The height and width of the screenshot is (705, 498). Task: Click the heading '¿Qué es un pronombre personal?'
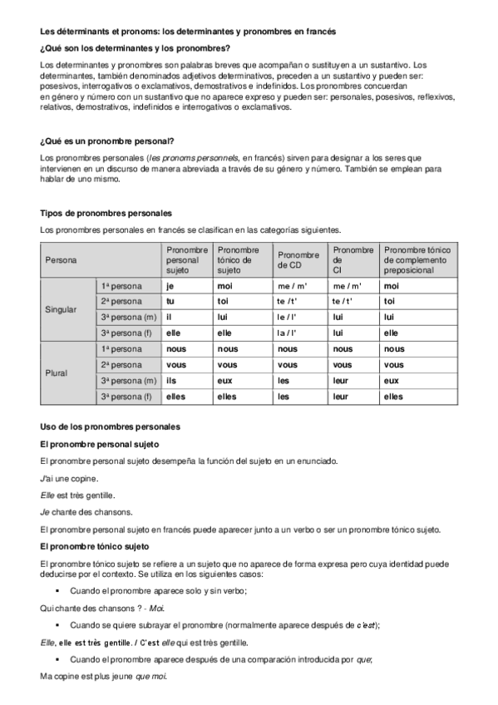pos(106,141)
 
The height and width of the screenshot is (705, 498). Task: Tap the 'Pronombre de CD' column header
pos(298,260)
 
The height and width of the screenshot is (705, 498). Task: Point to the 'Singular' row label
pos(60,309)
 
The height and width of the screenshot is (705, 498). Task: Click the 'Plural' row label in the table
pos(57,372)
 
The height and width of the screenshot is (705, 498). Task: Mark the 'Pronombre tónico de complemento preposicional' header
pos(417,260)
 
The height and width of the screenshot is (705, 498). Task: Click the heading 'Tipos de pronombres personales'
pos(106,213)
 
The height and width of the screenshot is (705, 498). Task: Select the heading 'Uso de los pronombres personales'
pos(110,426)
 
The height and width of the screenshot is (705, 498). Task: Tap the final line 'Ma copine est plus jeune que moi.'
pos(104,676)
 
